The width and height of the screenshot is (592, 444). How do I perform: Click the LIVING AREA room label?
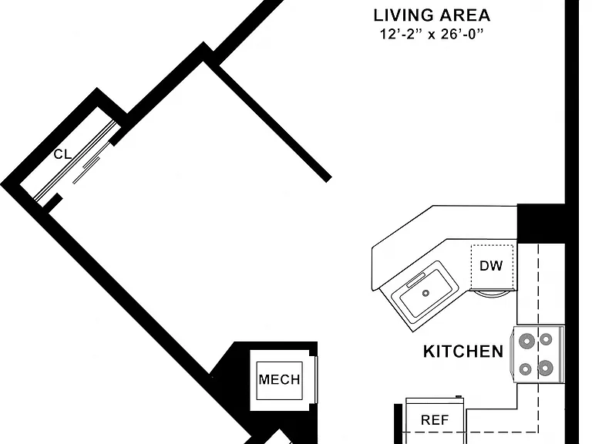pyautogui.click(x=432, y=15)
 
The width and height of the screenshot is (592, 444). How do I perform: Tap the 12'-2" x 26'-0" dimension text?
pyautogui.click(x=432, y=35)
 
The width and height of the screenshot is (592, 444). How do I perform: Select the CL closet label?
pyautogui.click(x=62, y=154)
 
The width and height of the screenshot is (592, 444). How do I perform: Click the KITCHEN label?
pyautogui.click(x=462, y=351)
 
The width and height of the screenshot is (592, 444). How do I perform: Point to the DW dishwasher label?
pyautogui.click(x=491, y=266)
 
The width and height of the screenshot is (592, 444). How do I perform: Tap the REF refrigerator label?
pyautogui.click(x=435, y=420)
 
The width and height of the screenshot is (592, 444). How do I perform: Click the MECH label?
pyautogui.click(x=279, y=379)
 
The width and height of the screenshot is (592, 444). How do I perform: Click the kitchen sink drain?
pyautogui.click(x=425, y=293)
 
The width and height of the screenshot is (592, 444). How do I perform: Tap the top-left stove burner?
pyautogui.click(x=526, y=341)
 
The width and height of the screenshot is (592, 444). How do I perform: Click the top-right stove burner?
pyautogui.click(x=546, y=339)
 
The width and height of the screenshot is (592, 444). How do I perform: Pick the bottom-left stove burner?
pyautogui.click(x=525, y=369)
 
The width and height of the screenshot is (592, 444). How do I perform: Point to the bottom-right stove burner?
pyautogui.click(x=545, y=368)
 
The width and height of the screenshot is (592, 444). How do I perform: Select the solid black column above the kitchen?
pyautogui.click(x=540, y=224)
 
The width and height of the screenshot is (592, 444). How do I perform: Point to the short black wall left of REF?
pyautogui.click(x=398, y=424)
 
